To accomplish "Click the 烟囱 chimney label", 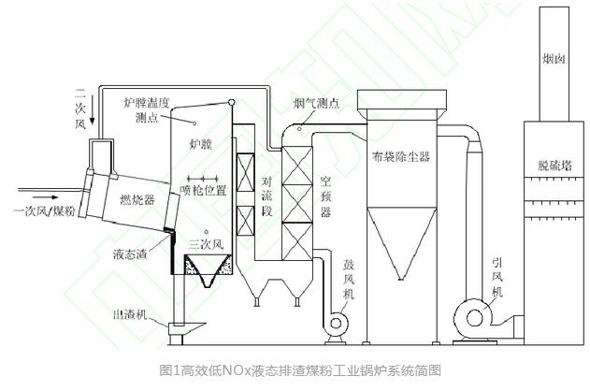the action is pyautogui.click(x=554, y=58).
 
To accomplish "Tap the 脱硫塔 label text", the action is pyautogui.click(x=554, y=165).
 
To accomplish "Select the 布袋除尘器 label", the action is pyautogui.click(x=401, y=156).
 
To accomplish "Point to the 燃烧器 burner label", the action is pyautogui.click(x=137, y=199).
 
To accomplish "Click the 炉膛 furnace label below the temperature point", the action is pyautogui.click(x=200, y=143).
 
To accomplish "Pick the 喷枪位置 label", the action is pyautogui.click(x=204, y=191).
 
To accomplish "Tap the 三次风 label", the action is pyautogui.click(x=207, y=245).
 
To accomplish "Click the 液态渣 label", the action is pyautogui.click(x=130, y=254).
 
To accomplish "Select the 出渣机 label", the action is pyautogui.click(x=130, y=314).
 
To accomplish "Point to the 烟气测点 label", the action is pyautogui.click(x=317, y=103).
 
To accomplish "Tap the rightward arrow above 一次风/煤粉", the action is pyautogui.click(x=45, y=197).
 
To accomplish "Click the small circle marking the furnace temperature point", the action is pyautogui.click(x=194, y=123).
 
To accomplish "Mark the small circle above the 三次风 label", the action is pyautogui.click(x=206, y=232).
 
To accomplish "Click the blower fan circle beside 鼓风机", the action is pyautogui.click(x=336, y=323).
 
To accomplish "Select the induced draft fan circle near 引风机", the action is pyautogui.click(x=474, y=318).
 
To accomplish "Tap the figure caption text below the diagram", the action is pyautogui.click(x=300, y=370).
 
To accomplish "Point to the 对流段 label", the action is pyautogui.click(x=266, y=196).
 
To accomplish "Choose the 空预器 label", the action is pyautogui.click(x=325, y=196).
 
